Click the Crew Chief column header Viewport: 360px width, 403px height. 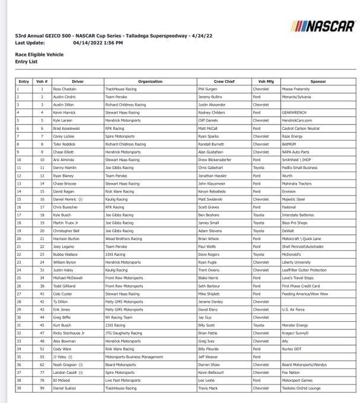tap(225, 81)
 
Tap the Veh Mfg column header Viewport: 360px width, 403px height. tap(266, 81)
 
